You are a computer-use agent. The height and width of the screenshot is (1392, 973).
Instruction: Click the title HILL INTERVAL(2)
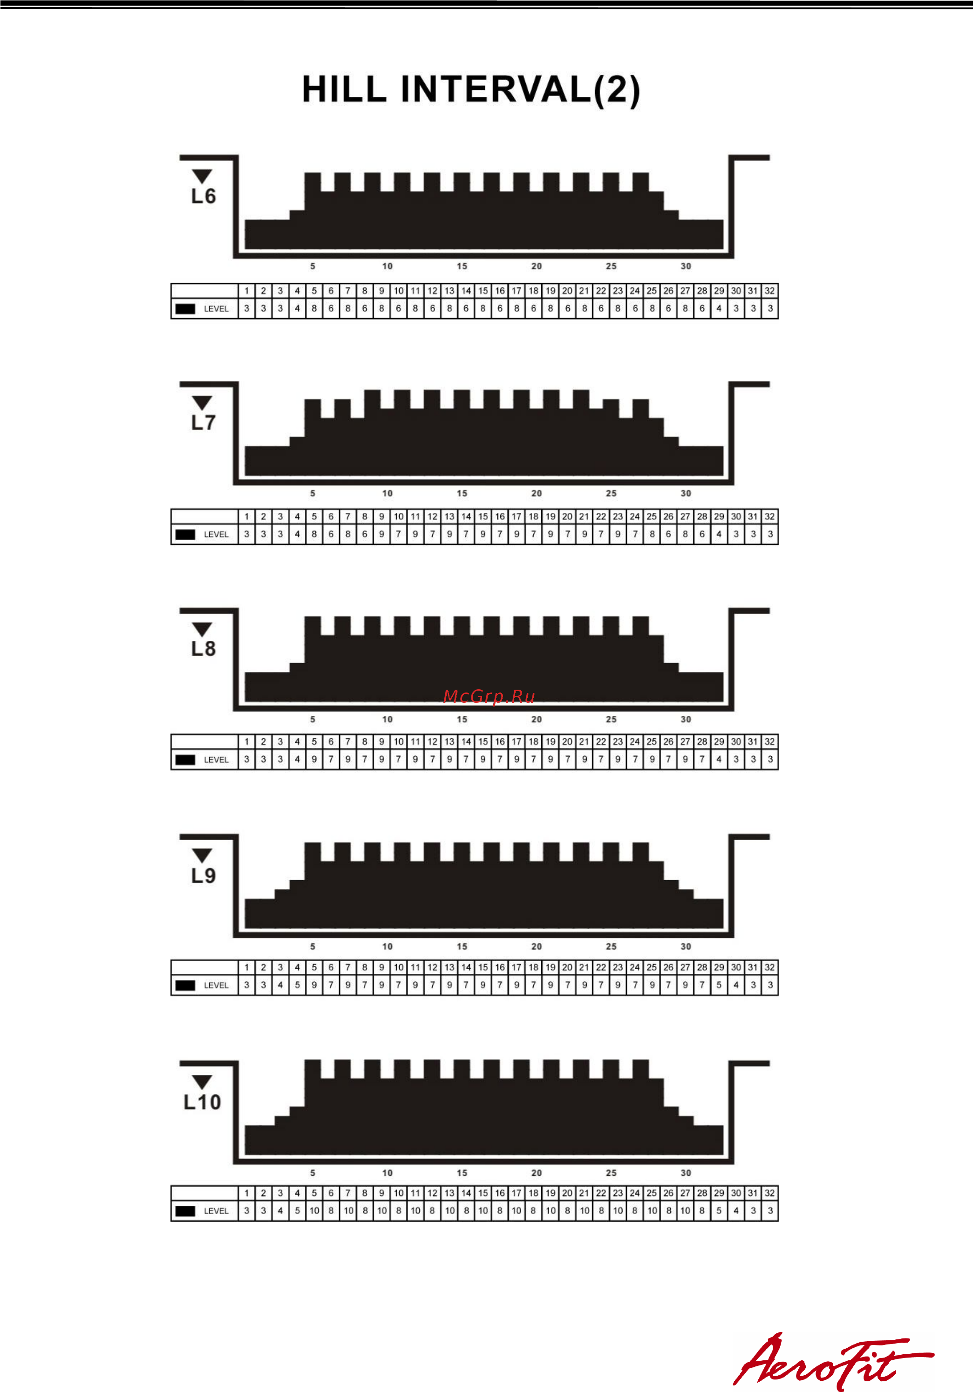click(x=471, y=90)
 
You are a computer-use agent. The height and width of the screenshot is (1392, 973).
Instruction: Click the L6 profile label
click(x=204, y=197)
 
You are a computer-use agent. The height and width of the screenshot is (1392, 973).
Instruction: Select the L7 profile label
click(x=204, y=422)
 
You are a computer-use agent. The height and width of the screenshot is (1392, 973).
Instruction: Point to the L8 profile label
click(x=204, y=649)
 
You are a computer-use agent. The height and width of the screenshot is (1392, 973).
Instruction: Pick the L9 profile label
click(x=204, y=876)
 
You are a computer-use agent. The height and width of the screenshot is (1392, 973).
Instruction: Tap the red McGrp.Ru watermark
click(x=489, y=696)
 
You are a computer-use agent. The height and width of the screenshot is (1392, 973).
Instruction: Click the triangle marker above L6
click(x=202, y=176)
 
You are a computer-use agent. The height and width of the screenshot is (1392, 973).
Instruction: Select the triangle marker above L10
click(x=202, y=1081)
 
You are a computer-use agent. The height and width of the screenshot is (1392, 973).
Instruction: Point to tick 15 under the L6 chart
click(x=462, y=266)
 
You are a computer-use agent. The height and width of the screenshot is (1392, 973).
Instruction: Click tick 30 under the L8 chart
click(x=686, y=719)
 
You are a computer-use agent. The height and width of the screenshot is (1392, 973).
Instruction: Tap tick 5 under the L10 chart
click(x=313, y=1173)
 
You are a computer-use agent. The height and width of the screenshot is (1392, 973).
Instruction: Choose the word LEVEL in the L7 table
click(x=217, y=535)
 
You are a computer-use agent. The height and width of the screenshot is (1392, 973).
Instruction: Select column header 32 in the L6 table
click(x=770, y=291)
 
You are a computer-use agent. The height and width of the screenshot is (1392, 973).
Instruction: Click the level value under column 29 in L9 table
click(x=719, y=985)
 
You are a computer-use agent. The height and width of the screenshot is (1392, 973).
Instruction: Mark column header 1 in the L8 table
click(x=247, y=741)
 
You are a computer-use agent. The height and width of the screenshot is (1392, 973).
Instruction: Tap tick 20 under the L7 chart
click(x=537, y=494)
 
